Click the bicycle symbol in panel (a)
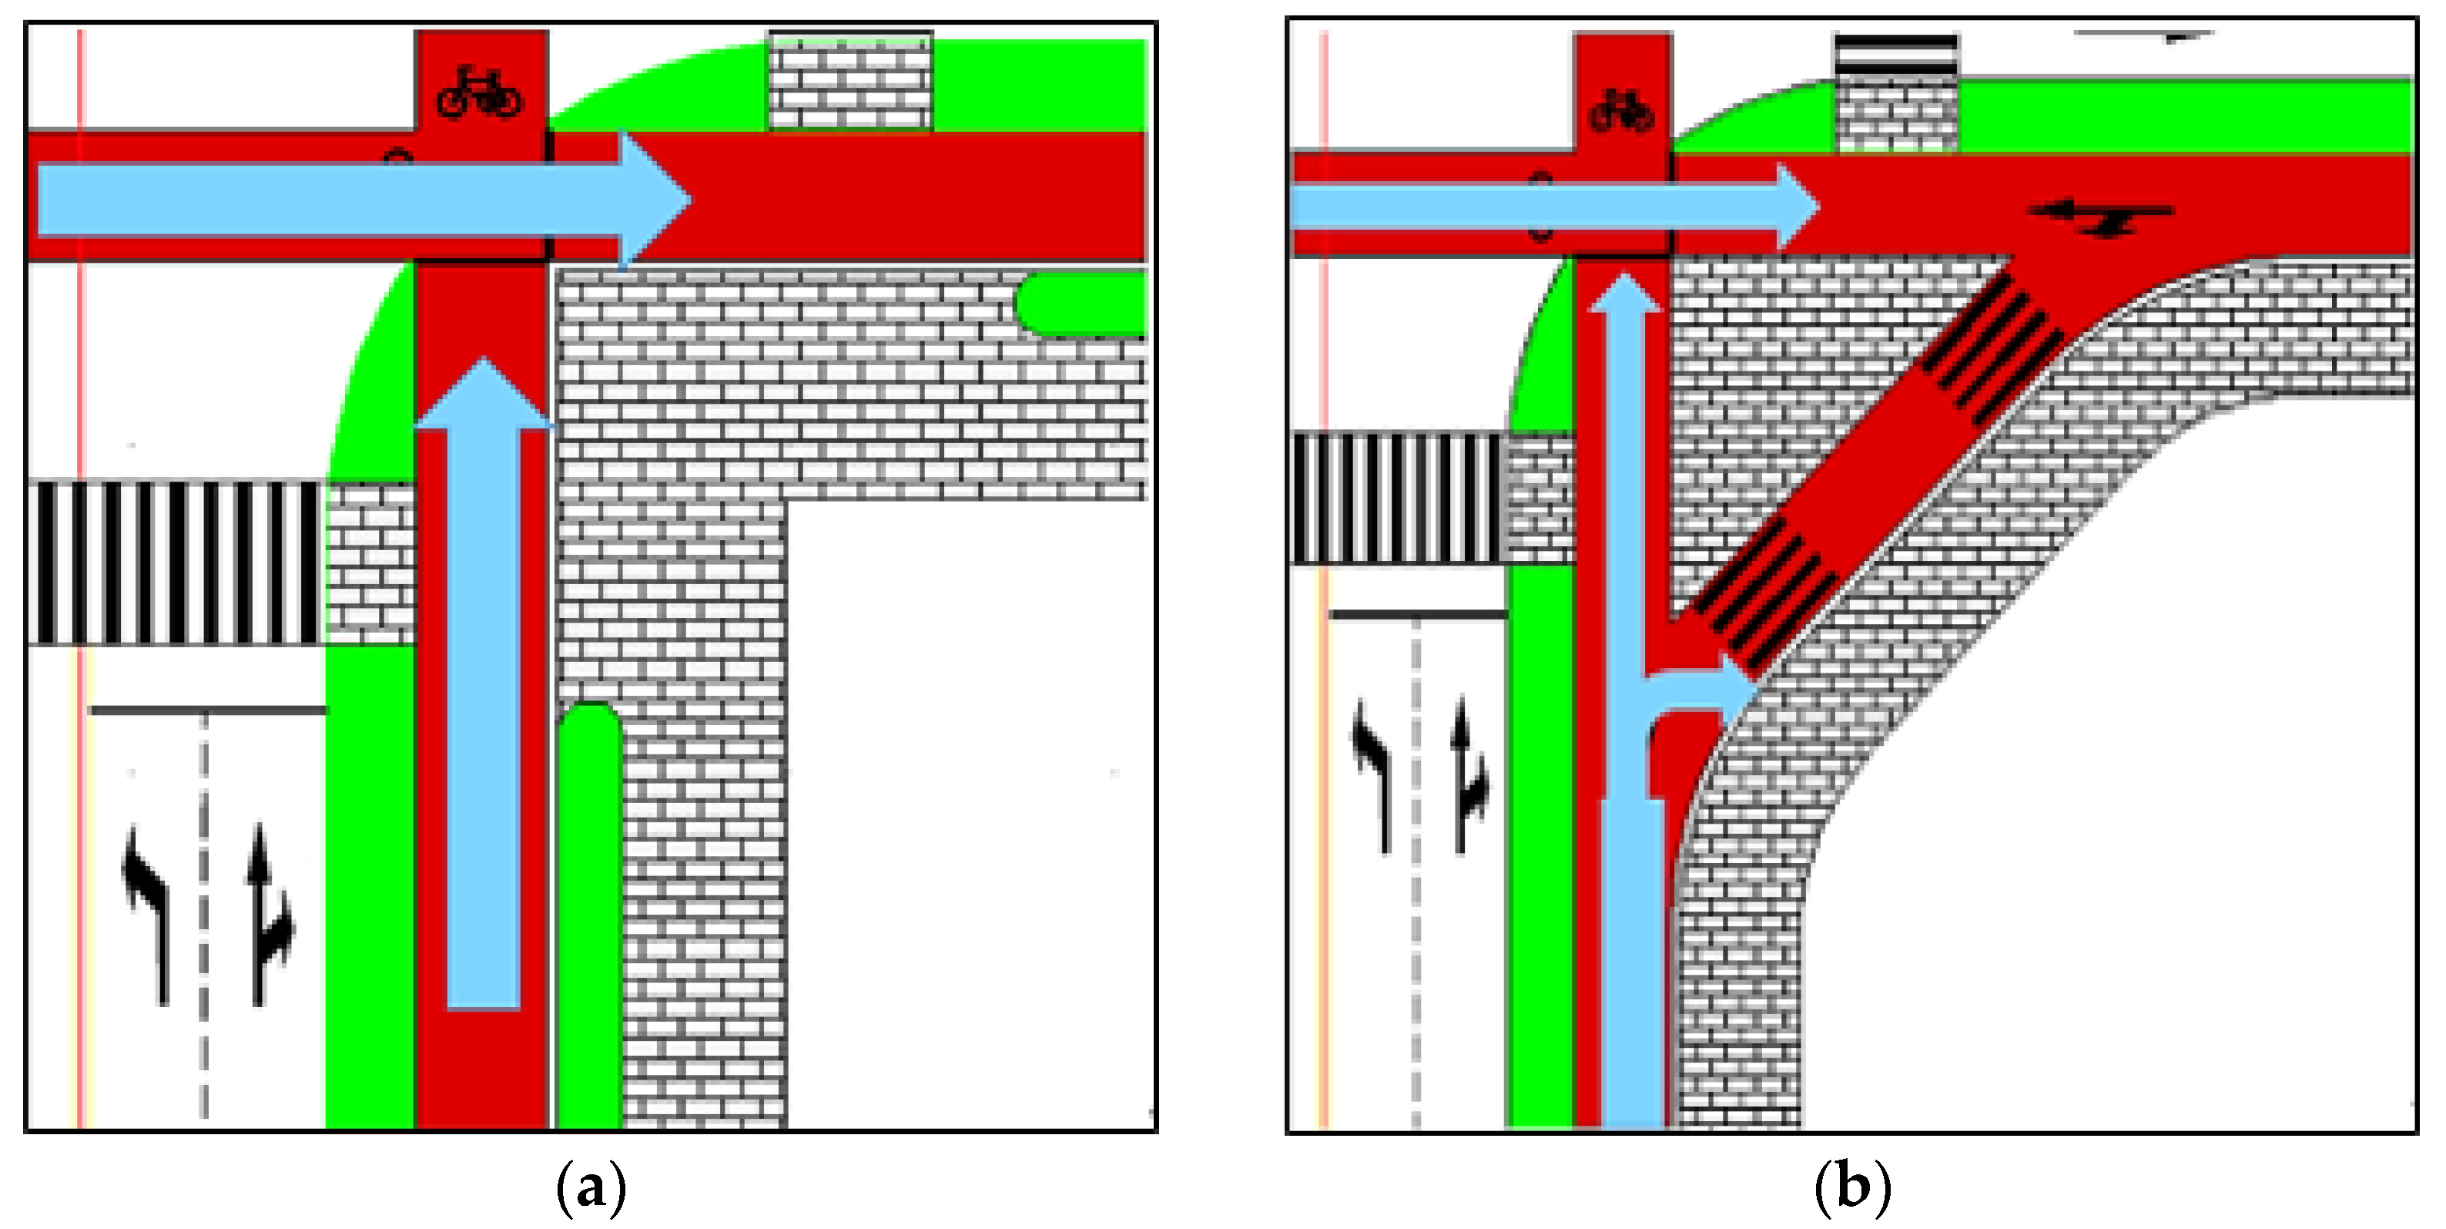[480, 92]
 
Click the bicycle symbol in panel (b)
[1622, 112]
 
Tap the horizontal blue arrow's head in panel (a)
[653, 200]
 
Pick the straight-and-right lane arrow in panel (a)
[270, 912]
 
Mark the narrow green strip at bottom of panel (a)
[588, 912]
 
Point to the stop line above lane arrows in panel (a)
[207, 710]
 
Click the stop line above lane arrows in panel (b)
[1417, 615]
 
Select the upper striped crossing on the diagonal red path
[1989, 347]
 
